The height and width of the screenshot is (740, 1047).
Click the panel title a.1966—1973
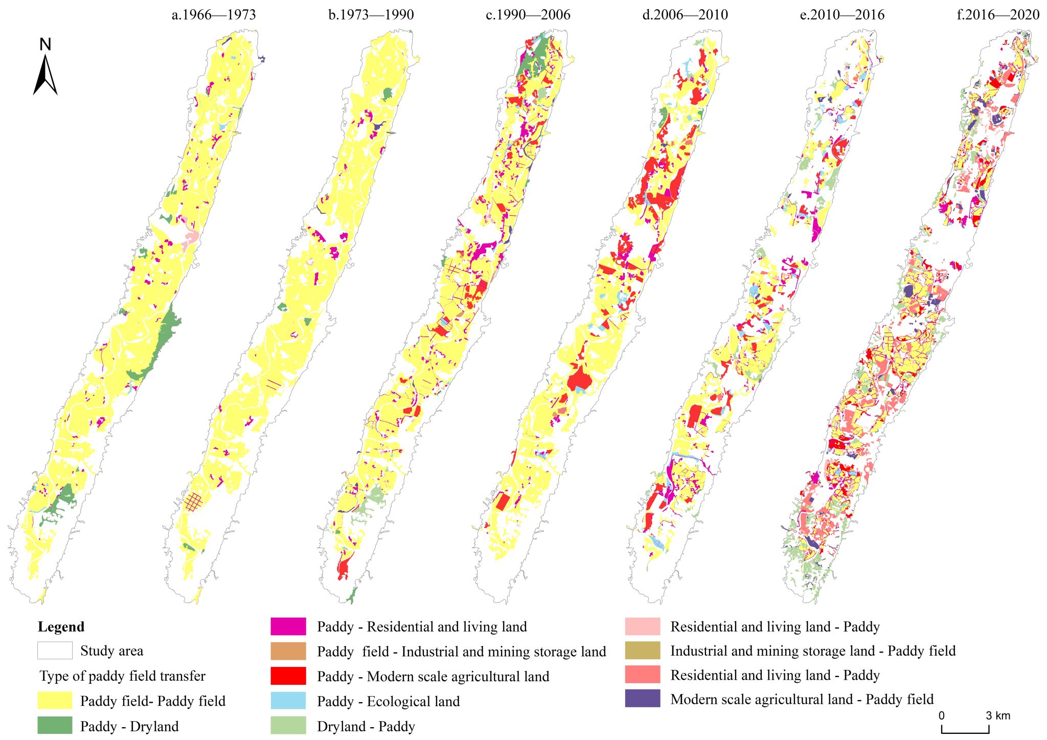(x=213, y=15)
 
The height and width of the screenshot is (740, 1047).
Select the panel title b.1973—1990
(x=371, y=15)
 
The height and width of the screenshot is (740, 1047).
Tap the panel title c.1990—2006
(x=528, y=15)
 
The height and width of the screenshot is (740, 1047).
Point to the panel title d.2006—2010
(x=685, y=15)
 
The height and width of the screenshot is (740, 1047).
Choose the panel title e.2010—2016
(x=842, y=15)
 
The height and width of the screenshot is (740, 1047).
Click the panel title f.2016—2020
(x=998, y=15)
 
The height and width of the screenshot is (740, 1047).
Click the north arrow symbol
(x=45, y=75)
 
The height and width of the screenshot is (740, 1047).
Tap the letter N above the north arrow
(x=45, y=44)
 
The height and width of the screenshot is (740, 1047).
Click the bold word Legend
(x=61, y=627)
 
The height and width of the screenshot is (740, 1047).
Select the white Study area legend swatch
(x=55, y=651)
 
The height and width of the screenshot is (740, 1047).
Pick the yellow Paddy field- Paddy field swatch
(x=55, y=701)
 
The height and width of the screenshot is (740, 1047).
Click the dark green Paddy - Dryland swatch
(x=55, y=726)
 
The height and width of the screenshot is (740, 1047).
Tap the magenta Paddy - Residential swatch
(x=288, y=626)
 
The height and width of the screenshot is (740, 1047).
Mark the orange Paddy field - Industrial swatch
(x=288, y=651)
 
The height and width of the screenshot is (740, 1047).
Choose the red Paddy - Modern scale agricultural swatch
(x=288, y=676)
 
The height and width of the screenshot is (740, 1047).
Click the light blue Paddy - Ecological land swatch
(x=288, y=701)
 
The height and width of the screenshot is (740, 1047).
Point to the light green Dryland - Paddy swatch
(x=288, y=726)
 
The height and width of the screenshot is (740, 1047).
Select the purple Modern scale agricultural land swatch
(x=643, y=699)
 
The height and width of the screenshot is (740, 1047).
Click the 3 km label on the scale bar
(x=998, y=715)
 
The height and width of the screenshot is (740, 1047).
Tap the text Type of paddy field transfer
(x=123, y=676)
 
